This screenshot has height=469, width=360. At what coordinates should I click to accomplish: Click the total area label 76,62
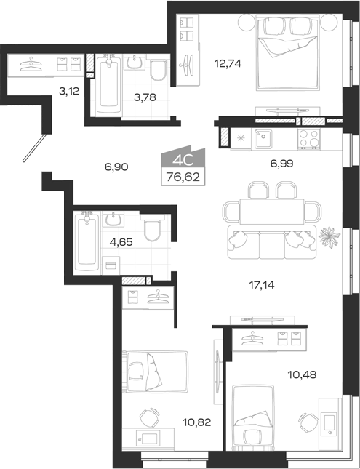pyautogui.click(x=183, y=177)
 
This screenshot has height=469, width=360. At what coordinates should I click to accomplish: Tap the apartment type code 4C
pyautogui.click(x=183, y=161)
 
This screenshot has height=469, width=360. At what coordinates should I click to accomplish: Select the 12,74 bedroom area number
pyautogui.click(x=228, y=63)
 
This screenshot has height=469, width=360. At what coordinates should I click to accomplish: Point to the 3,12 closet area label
pyautogui.click(x=69, y=91)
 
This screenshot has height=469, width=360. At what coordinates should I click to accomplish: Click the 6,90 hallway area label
pyautogui.click(x=116, y=167)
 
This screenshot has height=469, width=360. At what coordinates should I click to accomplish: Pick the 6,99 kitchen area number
pyautogui.click(x=281, y=164)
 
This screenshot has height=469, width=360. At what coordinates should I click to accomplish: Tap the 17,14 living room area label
pyautogui.click(x=262, y=285)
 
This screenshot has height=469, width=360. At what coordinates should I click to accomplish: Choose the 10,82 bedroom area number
pyautogui.click(x=197, y=422)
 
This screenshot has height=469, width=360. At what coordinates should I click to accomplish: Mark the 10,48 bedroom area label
pyautogui.click(x=302, y=374)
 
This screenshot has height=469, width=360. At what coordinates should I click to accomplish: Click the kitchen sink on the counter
pyautogui.click(x=263, y=139)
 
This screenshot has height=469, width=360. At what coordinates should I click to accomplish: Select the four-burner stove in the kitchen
pyautogui.click(x=308, y=138)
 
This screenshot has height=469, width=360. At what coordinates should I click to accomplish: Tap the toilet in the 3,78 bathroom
pyautogui.click(x=158, y=71)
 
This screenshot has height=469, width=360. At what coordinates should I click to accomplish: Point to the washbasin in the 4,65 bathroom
pyautogui.click(x=113, y=220)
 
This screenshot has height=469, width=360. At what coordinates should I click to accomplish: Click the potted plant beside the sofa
pyautogui.click(x=329, y=237)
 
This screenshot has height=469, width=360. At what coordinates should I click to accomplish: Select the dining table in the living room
pyautogui.click(x=272, y=212)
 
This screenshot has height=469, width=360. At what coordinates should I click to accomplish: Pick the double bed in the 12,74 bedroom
pyautogui.click(x=287, y=53)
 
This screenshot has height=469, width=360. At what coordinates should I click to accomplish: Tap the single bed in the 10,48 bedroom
pyautogui.click(x=253, y=417)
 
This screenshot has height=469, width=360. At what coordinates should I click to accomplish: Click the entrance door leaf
pyautogui.click(x=35, y=148)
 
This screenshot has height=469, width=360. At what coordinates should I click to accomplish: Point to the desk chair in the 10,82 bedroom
pyautogui.click(x=150, y=417)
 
